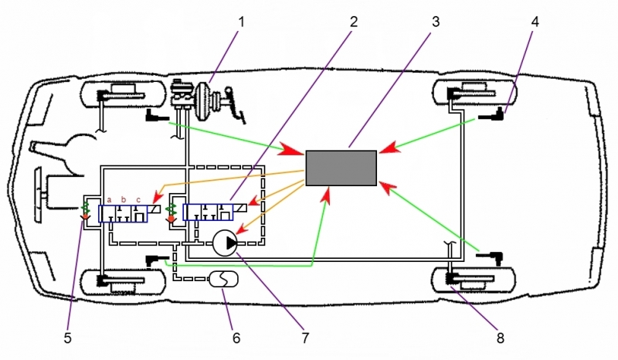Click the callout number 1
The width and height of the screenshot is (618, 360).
(240, 22)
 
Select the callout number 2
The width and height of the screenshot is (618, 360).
(353, 22)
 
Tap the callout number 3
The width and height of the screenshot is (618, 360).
(436, 22)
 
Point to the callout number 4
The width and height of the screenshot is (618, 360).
(535, 22)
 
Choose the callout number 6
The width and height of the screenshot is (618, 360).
(237, 337)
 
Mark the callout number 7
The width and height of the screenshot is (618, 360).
(304, 337)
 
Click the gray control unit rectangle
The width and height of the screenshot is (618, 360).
(341, 168)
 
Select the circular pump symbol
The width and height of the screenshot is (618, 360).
(226, 243)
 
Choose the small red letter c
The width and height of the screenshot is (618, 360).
(138, 199)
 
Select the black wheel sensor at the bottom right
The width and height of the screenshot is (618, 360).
(491, 254)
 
